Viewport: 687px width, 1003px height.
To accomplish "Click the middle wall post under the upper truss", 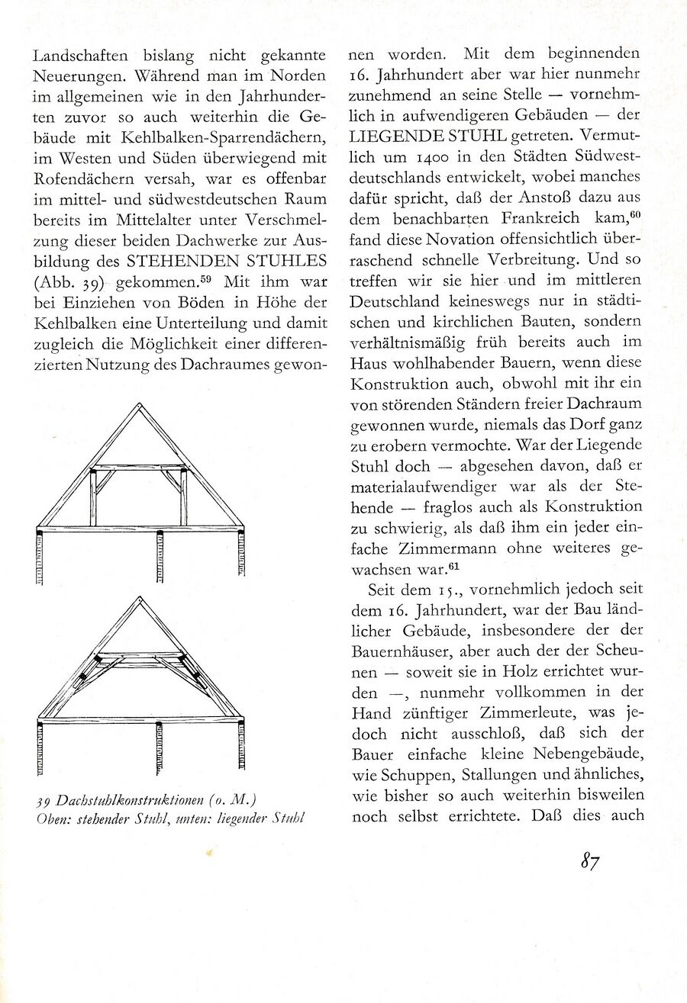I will point(160,557).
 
